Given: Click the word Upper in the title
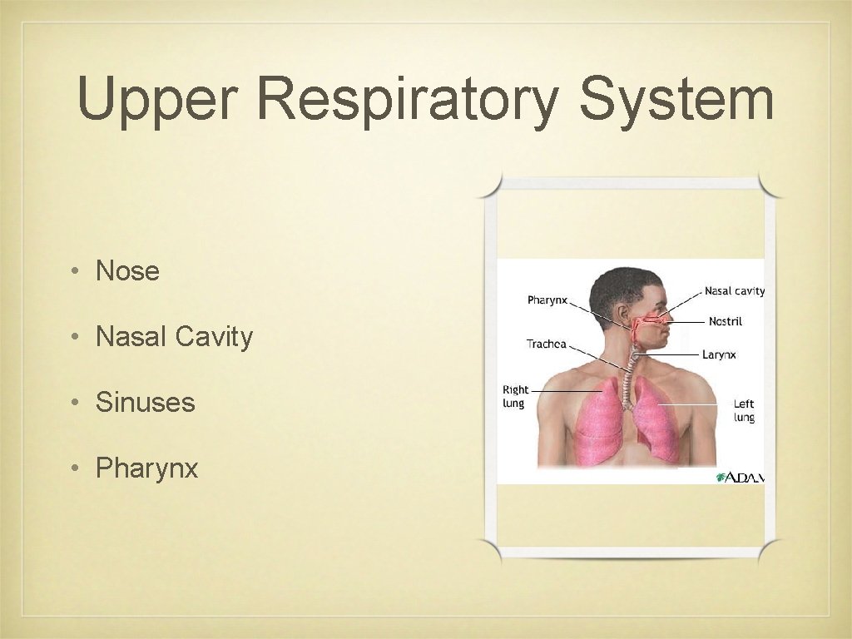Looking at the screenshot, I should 157,100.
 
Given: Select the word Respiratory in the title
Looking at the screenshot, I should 407,100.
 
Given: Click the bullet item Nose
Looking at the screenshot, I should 127,270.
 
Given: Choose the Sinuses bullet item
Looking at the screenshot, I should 145,403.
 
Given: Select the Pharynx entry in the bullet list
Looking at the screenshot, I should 146,468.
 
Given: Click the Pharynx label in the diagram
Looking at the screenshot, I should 547,300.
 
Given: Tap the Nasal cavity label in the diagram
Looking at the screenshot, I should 734,291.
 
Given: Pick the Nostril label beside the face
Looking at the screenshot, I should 725,321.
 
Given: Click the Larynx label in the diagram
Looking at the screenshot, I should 719,354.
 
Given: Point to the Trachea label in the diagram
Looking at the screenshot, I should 546,344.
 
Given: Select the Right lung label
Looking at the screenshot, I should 515,396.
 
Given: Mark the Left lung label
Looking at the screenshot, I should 744,410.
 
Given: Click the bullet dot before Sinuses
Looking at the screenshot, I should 75,404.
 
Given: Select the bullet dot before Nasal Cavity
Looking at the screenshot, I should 75,337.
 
